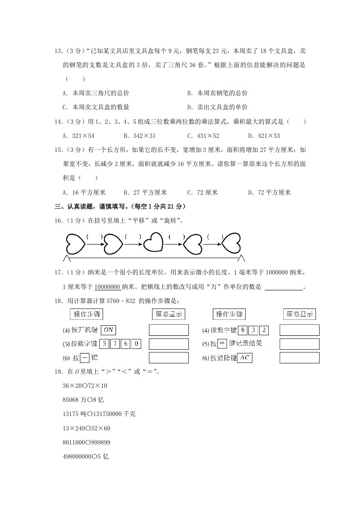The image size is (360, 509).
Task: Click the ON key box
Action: (x=108, y=330)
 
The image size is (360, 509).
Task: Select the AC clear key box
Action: (x=245, y=358)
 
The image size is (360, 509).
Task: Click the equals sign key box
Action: (x=222, y=344)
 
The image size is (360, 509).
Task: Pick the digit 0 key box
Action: (x=136, y=344)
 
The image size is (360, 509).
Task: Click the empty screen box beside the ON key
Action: (x=168, y=330)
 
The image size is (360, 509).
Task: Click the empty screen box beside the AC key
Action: (x=299, y=358)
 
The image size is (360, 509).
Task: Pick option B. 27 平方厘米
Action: (x=145, y=192)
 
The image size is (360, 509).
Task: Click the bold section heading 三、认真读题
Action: (x=120, y=207)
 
